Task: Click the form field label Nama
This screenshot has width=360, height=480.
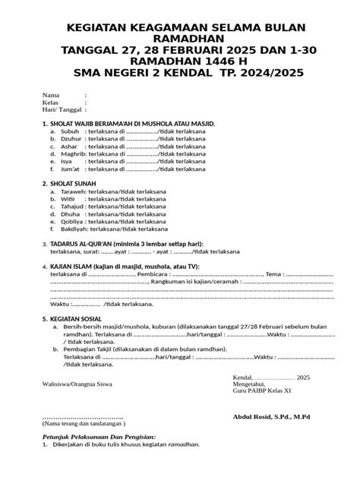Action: click(x=49, y=95)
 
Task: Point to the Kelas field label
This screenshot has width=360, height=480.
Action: click(x=50, y=102)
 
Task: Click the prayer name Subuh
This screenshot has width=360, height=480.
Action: click(x=70, y=131)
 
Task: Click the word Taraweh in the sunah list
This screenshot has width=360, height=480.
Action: click(x=74, y=192)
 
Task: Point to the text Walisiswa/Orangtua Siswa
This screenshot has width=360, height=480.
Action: click(x=77, y=384)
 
